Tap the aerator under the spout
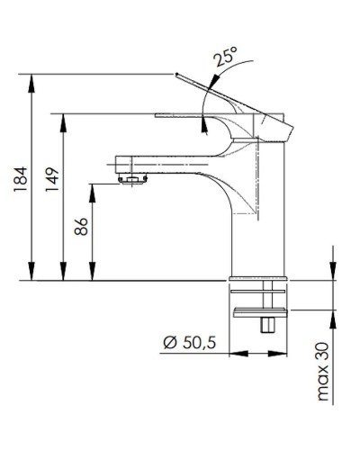(133, 181)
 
